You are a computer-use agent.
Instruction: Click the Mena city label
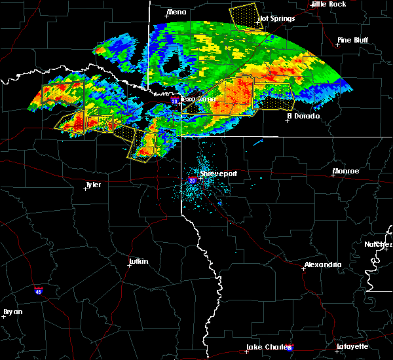pyautogui.click(x=177, y=12)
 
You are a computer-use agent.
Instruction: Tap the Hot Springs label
pyautogui.click(x=276, y=18)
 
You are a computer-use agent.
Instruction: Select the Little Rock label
pyautogui.click(x=328, y=4)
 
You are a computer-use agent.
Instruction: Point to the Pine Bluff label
pyautogui.click(x=353, y=40)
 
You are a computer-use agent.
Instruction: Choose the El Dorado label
pyautogui.click(x=303, y=116)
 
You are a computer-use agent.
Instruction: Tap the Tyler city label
pyautogui.click(x=93, y=185)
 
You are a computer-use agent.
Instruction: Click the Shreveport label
pyautogui.click(x=218, y=173)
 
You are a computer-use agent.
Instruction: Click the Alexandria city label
pyautogui.click(x=322, y=264)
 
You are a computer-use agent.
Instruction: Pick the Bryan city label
pyautogui.click(x=12, y=312)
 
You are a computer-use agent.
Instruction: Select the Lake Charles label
pyautogui.click(x=268, y=346)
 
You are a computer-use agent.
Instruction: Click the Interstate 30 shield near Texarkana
pyautogui.click(x=174, y=101)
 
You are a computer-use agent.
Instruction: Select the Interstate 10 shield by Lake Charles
pyautogui.click(x=290, y=348)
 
